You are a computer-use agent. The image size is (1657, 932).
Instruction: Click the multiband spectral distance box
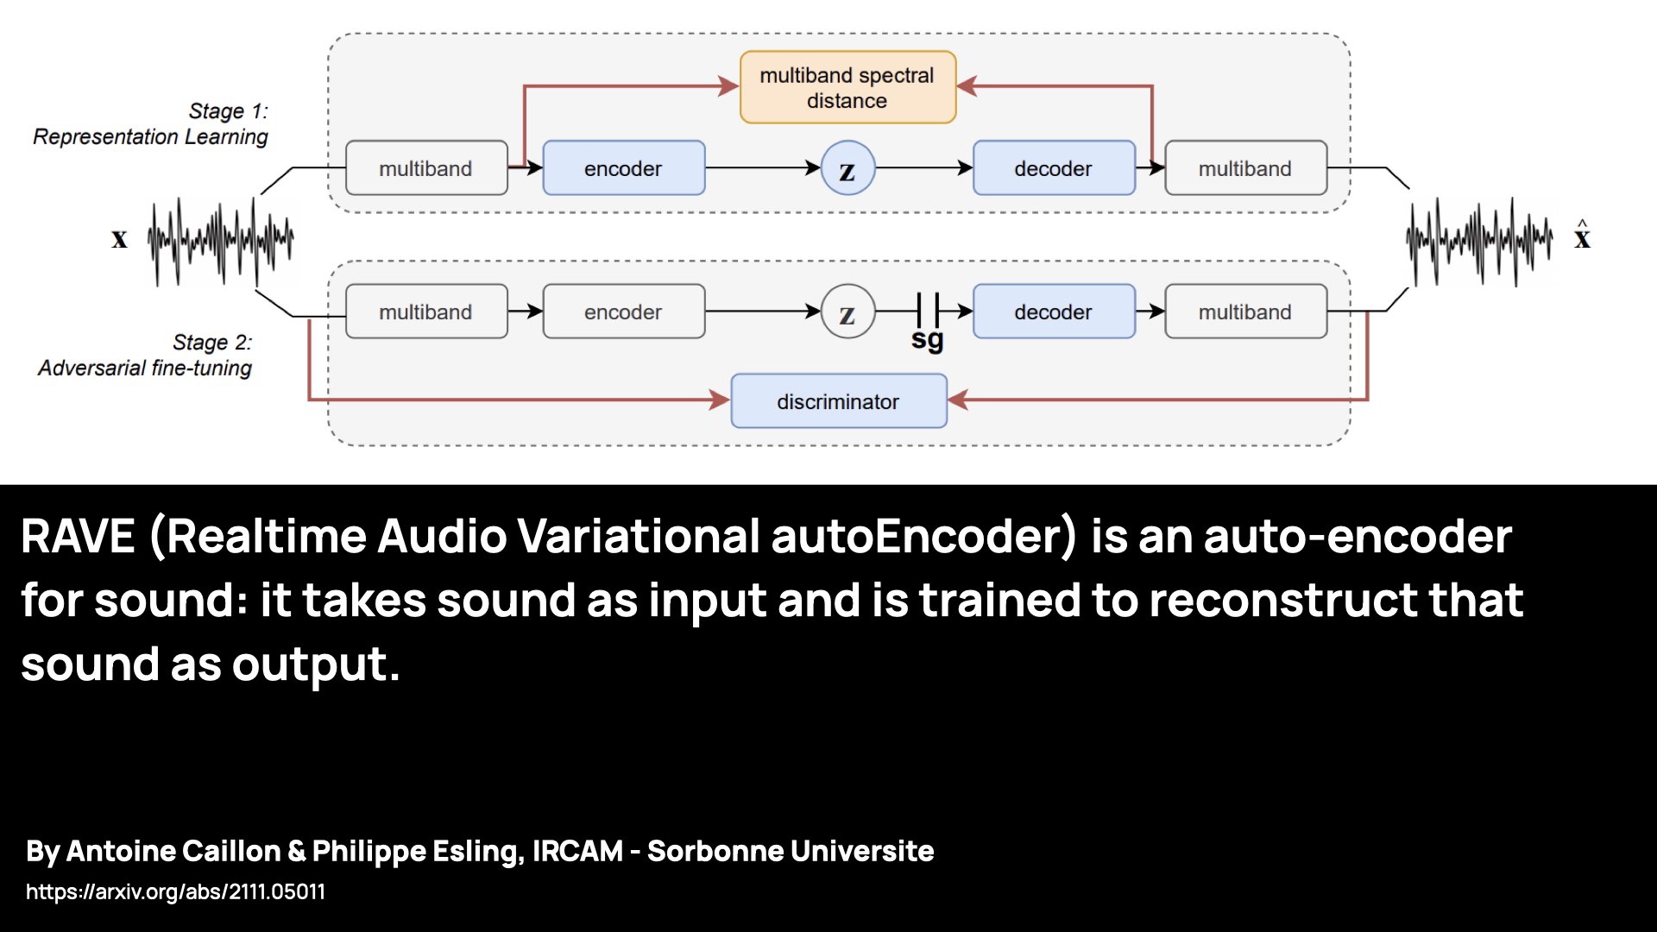[847, 87]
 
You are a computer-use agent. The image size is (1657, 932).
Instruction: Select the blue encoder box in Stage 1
[623, 168]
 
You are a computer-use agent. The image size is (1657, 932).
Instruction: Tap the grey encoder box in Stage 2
[623, 312]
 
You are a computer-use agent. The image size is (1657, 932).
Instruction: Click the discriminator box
[838, 401]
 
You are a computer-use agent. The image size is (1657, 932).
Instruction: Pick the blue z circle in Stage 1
[847, 168]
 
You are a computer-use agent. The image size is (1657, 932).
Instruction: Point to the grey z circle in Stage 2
[847, 312]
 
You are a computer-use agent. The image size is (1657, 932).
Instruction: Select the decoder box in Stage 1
[1053, 168]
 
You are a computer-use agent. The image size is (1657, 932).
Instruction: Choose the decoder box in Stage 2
[1053, 312]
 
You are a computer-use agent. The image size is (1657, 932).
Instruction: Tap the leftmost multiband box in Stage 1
[425, 168]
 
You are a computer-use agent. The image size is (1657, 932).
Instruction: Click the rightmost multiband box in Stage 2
[1244, 312]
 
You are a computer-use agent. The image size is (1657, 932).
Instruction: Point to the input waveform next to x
[221, 240]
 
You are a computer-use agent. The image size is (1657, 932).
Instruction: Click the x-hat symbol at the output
[1581, 236]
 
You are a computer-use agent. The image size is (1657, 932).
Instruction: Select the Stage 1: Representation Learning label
[151, 124]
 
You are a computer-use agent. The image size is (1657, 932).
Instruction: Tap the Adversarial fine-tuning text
[145, 368]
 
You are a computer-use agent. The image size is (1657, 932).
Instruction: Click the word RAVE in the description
[78, 537]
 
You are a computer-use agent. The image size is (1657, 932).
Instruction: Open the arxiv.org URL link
[175, 891]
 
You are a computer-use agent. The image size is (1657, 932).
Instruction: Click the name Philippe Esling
[417, 851]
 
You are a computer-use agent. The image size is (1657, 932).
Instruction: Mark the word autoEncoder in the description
[923, 537]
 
